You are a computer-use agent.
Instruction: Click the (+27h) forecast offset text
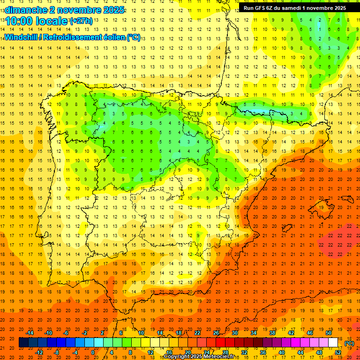click(81, 21)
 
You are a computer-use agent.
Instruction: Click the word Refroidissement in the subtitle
click(72, 37)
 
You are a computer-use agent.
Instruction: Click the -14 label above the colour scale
click(30, 333)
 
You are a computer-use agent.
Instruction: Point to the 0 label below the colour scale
click(93, 352)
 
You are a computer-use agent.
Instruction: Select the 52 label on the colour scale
click(338, 352)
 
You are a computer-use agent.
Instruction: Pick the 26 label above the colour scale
click(216, 333)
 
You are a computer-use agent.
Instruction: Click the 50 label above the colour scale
click(329, 333)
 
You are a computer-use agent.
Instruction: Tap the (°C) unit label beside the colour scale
click(349, 343)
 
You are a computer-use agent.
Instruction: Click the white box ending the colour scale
click(333, 343)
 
